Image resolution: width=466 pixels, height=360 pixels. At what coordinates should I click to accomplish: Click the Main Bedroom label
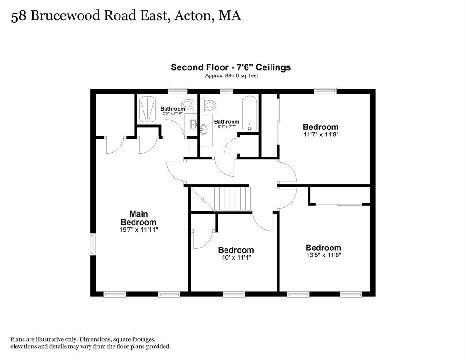138,218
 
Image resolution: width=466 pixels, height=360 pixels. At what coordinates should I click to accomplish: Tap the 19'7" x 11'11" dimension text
138,230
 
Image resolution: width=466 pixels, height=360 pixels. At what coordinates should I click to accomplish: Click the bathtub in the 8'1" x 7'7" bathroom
249,113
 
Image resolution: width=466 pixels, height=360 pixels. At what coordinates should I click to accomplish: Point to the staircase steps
233,198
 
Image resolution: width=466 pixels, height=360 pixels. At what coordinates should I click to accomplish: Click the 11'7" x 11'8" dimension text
321,135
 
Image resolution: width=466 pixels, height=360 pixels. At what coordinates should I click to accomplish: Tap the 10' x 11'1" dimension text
236,258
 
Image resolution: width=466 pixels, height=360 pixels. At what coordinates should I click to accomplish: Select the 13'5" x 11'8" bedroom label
323,247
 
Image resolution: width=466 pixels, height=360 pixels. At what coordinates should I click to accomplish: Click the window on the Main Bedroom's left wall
92,244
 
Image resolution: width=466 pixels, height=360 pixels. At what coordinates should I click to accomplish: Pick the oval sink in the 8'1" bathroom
203,129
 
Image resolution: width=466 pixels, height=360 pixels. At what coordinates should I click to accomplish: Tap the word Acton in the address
193,16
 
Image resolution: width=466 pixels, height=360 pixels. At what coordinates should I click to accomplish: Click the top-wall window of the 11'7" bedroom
325,90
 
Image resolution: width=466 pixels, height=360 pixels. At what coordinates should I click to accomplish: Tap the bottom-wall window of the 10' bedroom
234,294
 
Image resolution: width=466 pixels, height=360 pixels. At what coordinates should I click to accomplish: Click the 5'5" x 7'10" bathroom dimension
173,113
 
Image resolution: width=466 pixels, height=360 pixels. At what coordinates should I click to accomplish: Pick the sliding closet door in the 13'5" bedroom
338,204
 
